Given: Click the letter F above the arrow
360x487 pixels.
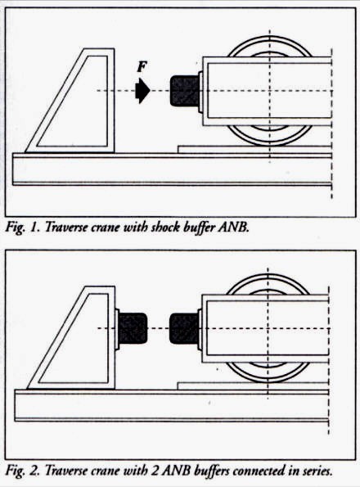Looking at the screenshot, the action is (x=142, y=67).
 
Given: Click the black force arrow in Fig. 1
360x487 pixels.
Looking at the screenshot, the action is (x=142, y=90).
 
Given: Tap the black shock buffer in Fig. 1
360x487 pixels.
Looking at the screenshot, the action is (x=184, y=91).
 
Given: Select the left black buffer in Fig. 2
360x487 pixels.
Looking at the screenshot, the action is (x=133, y=328).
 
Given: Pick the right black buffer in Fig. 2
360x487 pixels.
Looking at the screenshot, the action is (x=184, y=328).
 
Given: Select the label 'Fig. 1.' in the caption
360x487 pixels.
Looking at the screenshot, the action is (x=21, y=228).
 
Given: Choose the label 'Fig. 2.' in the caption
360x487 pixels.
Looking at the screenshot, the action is (x=22, y=471).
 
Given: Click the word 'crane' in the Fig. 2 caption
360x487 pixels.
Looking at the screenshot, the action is (x=106, y=471).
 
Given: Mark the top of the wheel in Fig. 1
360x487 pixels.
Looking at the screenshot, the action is (x=269, y=38).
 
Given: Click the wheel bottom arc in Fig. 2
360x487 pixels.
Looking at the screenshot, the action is (x=268, y=381).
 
